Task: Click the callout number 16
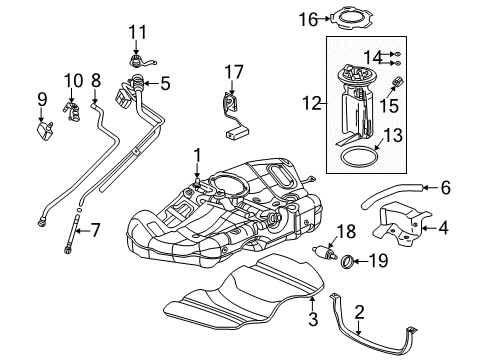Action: pyautogui.click(x=308, y=17)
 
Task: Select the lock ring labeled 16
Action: pyautogui.click(x=349, y=17)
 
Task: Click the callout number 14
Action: pyautogui.click(x=372, y=56)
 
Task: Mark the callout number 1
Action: pyautogui.click(x=197, y=154)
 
